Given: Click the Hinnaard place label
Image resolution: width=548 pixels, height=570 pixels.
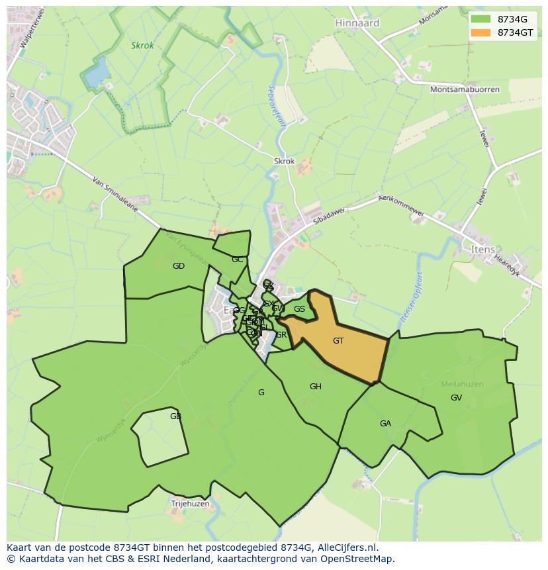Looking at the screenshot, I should point(357,23).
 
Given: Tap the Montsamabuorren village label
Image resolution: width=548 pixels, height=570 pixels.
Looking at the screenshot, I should point(465,89).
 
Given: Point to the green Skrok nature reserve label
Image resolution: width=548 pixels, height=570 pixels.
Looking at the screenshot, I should point(142,46).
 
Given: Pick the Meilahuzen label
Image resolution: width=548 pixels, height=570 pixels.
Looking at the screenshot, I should point(462,384).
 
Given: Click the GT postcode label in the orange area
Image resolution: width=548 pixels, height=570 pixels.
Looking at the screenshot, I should point(338,341).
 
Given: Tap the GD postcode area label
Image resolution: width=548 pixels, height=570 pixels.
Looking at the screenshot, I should point(179,266).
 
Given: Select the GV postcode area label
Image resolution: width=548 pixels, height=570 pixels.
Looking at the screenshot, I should point(456,398).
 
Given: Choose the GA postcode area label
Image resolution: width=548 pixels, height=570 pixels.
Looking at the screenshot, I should point(385,424).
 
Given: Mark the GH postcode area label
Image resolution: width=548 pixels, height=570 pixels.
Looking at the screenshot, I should point(316,387).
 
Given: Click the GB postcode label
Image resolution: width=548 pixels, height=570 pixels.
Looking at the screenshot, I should point(175,416).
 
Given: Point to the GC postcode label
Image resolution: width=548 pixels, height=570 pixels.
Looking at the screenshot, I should point(238,260).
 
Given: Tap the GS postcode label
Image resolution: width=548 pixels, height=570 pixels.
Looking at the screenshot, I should point(300,309).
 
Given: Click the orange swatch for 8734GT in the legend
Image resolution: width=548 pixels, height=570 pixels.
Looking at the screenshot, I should point(481,32).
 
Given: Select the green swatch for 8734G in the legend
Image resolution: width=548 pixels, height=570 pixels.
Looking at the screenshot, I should point(481,19).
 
